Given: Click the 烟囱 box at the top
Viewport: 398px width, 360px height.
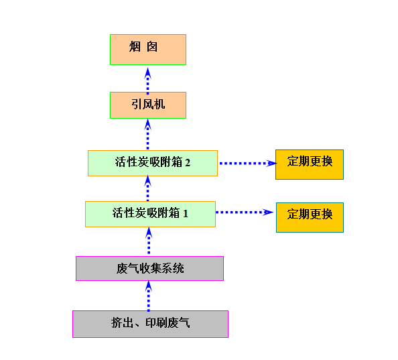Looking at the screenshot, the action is click(148, 50).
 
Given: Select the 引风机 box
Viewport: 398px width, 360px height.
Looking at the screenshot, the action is click(148, 105).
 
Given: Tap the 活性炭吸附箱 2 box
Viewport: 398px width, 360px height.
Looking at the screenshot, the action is click(153, 164).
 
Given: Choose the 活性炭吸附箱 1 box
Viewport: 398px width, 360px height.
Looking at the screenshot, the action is click(151, 214).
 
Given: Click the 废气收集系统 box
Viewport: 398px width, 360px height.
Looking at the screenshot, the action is click(150, 268).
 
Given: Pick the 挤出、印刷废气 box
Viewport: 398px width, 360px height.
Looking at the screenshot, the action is click(151, 324).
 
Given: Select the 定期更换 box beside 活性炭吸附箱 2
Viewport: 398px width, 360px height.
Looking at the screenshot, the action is click(310, 164).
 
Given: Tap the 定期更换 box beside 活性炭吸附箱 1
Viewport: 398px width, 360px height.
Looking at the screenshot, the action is click(310, 217).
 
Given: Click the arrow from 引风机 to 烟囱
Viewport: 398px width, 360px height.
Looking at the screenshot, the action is click(147, 80).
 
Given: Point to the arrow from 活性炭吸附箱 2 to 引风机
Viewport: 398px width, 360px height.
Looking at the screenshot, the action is click(147, 134).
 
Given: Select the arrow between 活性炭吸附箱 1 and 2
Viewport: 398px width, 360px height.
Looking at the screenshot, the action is click(147, 188).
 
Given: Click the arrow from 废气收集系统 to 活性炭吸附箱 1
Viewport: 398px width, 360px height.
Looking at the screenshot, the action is click(149, 241).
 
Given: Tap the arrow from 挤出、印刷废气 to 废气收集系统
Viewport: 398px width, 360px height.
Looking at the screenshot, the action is click(149, 296).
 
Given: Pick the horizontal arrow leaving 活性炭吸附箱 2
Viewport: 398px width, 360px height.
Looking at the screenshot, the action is click(248, 164).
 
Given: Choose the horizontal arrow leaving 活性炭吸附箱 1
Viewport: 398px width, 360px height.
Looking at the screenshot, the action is click(245, 212).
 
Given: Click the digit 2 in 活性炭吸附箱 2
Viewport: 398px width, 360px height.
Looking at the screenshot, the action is click(188, 163).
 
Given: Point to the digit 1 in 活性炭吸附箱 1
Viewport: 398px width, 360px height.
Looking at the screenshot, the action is click(186, 213).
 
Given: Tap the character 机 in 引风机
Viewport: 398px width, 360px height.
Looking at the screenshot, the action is click(159, 104).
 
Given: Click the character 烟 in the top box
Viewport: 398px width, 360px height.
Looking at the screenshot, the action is click(135, 47).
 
